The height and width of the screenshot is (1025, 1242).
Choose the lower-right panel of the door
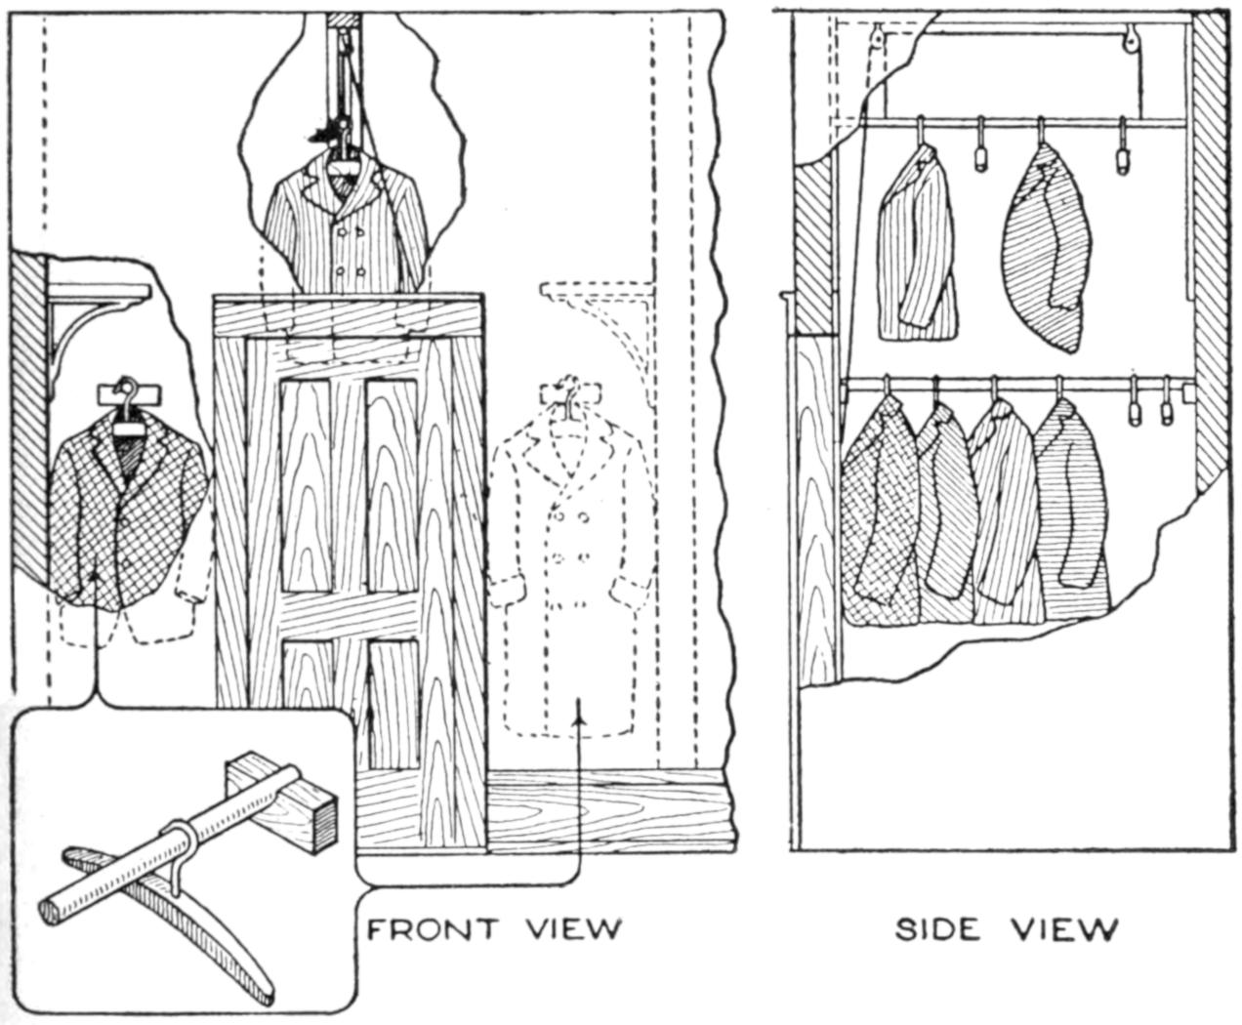(x=395, y=703)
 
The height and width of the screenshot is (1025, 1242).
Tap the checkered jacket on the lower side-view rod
(x=879, y=517)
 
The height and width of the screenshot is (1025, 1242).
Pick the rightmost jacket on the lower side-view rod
(x=1072, y=517)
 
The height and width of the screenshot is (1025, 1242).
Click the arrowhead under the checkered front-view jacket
(x=97, y=578)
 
